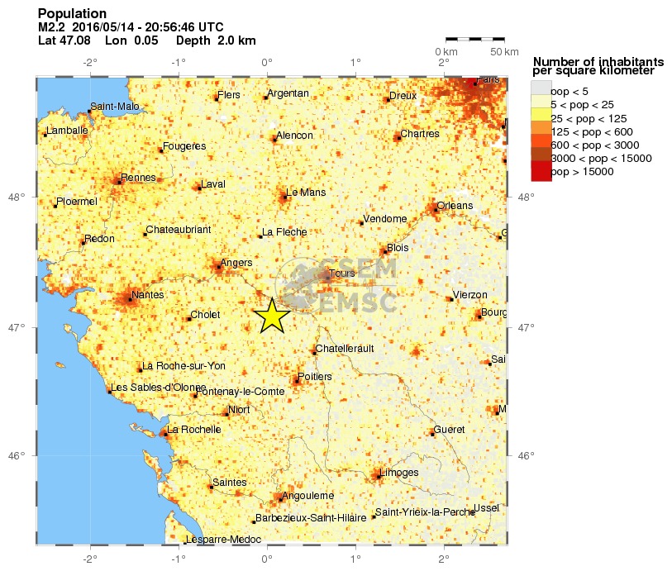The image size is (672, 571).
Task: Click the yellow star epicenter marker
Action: (270, 315)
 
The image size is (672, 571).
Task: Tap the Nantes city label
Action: (148, 294)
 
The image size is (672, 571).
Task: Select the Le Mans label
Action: (305, 193)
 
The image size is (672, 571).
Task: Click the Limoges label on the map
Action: (401, 473)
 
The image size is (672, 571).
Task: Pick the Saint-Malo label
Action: (115, 106)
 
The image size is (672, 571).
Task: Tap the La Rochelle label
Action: (194, 429)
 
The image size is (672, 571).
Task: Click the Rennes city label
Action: (138, 177)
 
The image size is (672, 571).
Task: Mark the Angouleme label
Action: (308, 496)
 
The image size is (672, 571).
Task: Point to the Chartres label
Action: (419, 133)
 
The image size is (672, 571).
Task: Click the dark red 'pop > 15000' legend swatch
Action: (540, 171)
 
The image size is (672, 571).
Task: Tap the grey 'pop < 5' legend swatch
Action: (540, 90)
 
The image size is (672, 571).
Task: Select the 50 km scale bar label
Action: (504, 52)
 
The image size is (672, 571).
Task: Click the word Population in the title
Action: (73, 14)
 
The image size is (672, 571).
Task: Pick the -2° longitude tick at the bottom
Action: (89, 558)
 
